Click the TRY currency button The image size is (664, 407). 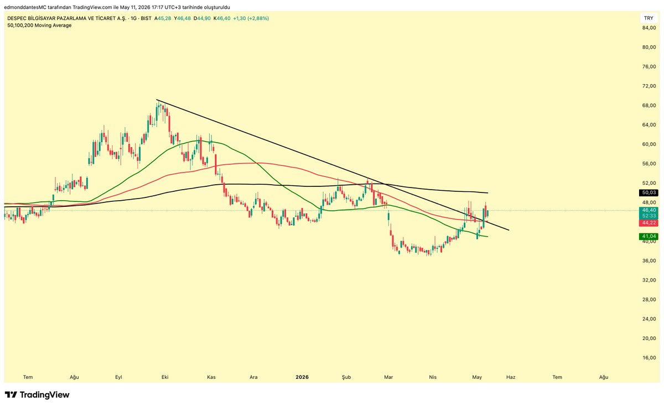(649, 18)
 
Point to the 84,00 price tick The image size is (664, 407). (649, 28)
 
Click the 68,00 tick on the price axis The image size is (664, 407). (649, 106)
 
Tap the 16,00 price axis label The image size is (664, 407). (649, 358)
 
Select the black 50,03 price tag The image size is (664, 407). (649, 192)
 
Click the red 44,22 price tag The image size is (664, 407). (649, 223)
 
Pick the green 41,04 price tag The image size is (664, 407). (649, 236)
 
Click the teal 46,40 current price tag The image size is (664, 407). (649, 210)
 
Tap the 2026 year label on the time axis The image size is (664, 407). (302, 377)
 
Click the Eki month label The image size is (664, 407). (165, 377)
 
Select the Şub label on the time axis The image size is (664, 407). (346, 377)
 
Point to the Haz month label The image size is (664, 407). (511, 377)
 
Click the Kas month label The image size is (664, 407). (211, 377)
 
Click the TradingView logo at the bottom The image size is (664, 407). (37, 395)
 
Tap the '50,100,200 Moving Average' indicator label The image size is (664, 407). (39, 25)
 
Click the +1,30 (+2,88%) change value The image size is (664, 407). (251, 18)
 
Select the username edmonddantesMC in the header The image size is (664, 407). (25, 7)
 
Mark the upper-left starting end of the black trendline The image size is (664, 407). (157, 100)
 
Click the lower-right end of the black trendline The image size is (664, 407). (509, 230)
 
